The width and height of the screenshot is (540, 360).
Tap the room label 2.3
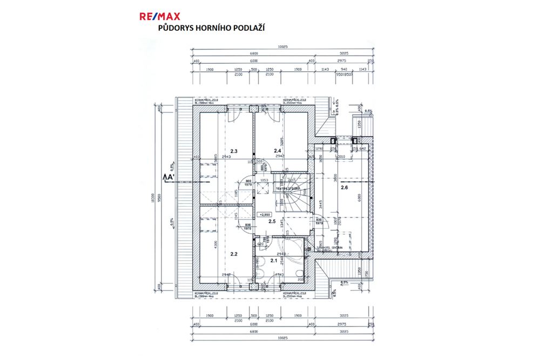coord(234,151)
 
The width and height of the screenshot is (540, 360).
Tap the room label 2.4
coord(278,151)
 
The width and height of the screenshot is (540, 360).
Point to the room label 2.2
coord(234,253)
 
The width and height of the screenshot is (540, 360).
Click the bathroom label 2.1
coord(273,261)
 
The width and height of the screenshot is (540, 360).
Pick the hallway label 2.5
coord(272,222)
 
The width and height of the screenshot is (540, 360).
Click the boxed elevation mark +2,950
coord(265,214)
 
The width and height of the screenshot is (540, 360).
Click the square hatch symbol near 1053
coord(265,188)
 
